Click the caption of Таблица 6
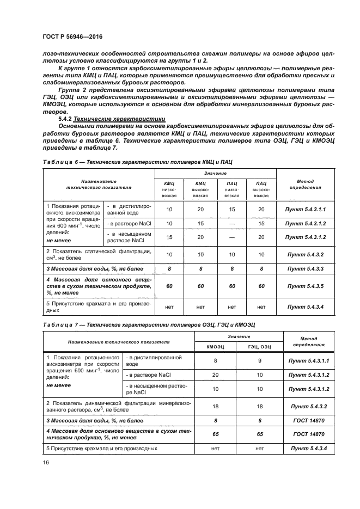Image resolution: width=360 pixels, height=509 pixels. pos(138,162)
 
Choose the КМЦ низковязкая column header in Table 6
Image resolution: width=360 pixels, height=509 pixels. pos(169,189)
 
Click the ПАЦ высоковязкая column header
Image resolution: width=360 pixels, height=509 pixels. pos(261,189)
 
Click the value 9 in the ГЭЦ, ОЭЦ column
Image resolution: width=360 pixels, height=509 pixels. pos(259,360)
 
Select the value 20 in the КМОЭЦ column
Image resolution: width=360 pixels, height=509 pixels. pos(215,375)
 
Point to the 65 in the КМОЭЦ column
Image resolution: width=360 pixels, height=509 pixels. pos(215,434)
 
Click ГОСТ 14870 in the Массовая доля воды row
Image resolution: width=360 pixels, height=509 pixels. pos(308,420)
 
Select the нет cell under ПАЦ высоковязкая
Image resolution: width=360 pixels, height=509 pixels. pos(261,307)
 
